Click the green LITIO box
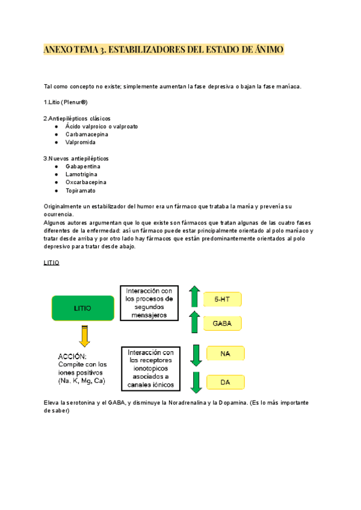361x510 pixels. click(x=83, y=308)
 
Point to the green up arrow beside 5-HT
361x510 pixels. click(x=194, y=297)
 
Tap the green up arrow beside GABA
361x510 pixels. click(x=194, y=322)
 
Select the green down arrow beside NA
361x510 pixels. click(x=194, y=355)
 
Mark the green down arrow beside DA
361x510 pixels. click(x=194, y=382)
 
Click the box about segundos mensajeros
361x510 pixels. click(x=150, y=303)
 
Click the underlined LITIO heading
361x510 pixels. click(x=52, y=263)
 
